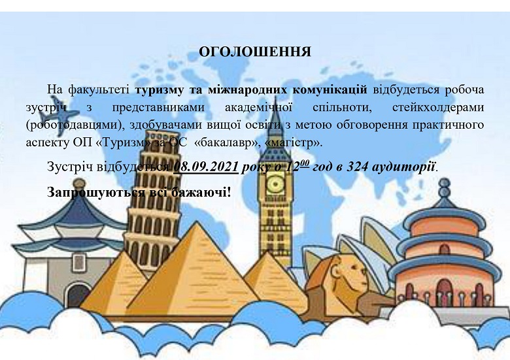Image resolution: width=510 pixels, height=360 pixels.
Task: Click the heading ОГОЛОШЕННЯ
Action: click(x=255, y=52)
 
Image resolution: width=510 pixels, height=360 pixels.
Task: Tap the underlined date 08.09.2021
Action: click(x=206, y=167)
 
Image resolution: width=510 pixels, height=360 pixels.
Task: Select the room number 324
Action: click(x=357, y=167)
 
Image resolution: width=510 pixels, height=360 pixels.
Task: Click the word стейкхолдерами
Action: click(x=438, y=107)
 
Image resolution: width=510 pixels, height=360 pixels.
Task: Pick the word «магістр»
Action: click(x=293, y=143)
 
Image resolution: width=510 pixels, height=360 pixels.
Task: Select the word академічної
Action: click(x=258, y=107)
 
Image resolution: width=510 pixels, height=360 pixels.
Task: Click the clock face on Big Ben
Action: click(x=275, y=184)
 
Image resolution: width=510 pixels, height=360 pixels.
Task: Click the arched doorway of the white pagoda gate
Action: click(x=77, y=295)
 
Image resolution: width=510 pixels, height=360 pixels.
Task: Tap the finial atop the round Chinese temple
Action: click(x=444, y=188)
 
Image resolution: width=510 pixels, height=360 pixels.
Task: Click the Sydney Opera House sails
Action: click(x=367, y=247)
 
